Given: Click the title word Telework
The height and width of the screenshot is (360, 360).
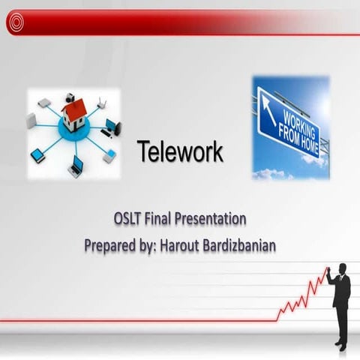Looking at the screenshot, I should [180, 152].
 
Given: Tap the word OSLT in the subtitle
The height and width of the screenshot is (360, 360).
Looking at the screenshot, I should [130, 220].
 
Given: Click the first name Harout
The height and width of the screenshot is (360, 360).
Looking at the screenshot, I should [181, 244].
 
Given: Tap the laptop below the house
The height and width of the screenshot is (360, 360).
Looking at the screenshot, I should [76, 167].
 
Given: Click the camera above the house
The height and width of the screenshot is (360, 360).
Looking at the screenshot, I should [69, 97].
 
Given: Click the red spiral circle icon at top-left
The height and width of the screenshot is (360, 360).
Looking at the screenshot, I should [16, 23].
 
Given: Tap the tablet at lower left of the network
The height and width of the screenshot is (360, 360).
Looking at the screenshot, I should [37, 155].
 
